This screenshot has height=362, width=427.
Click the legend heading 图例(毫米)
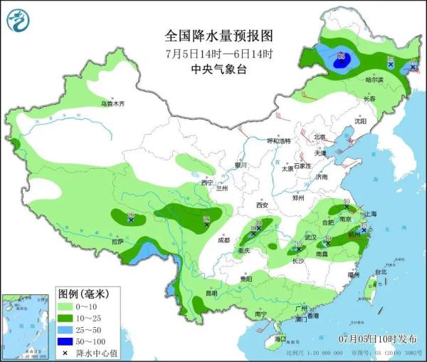pyautogui.click(x=82, y=294)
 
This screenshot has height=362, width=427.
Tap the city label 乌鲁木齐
pyautogui.click(x=112, y=104)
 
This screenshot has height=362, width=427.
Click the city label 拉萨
pyautogui.click(x=118, y=242)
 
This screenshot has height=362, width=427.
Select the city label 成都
pyautogui.click(x=224, y=240)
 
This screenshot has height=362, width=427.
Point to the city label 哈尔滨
pyautogui.click(x=364, y=80)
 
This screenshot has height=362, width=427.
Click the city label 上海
pyautogui.click(x=368, y=214)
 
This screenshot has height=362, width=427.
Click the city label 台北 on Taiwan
pyautogui.click(x=381, y=271)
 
